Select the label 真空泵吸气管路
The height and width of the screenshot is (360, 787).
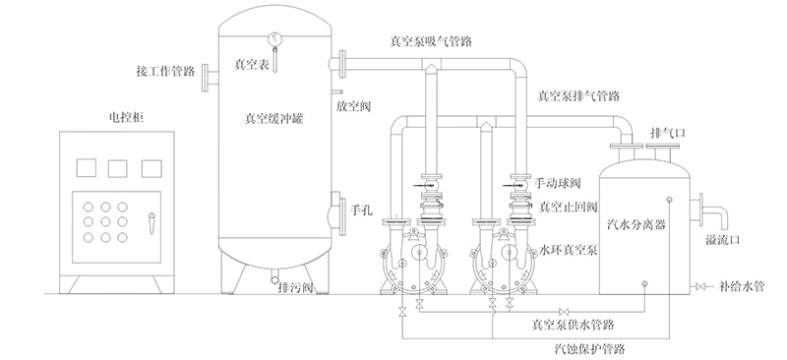[429, 42]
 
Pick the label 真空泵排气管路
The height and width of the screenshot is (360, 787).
[578, 96]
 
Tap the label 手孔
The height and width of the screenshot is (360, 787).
[363, 210]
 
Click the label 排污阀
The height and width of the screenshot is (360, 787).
[295, 287]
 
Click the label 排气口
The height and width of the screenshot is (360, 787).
[664, 132]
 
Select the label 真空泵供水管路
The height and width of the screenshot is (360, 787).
[573, 323]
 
